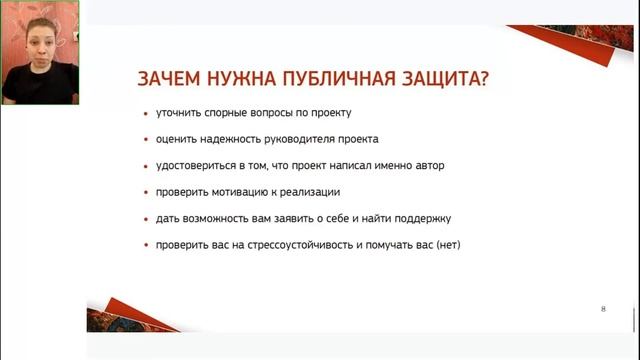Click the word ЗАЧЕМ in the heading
tap(166, 79)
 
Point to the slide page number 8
tap(603, 309)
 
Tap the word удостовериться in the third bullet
tap(193, 165)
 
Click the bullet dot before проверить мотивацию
tap(146, 192)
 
